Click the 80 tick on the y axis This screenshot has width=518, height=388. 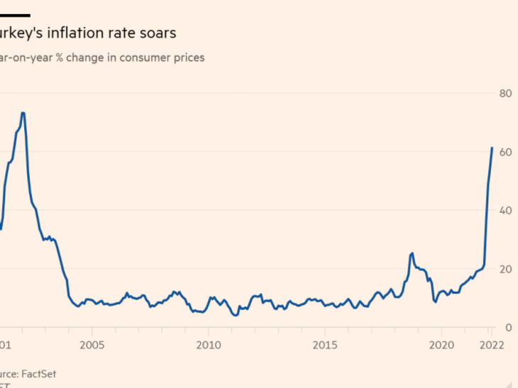[x=505, y=94]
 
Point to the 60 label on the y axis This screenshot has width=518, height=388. [x=505, y=152]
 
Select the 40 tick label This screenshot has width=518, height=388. [x=505, y=211]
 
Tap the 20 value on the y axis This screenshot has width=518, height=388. [x=505, y=269]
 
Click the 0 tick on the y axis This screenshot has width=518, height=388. [x=508, y=327]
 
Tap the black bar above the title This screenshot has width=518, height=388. [x=14, y=14]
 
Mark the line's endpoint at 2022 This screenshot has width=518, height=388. [x=492, y=148]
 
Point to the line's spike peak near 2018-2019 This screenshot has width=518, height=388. [x=412, y=253]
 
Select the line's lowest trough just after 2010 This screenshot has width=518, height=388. [x=235, y=316]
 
